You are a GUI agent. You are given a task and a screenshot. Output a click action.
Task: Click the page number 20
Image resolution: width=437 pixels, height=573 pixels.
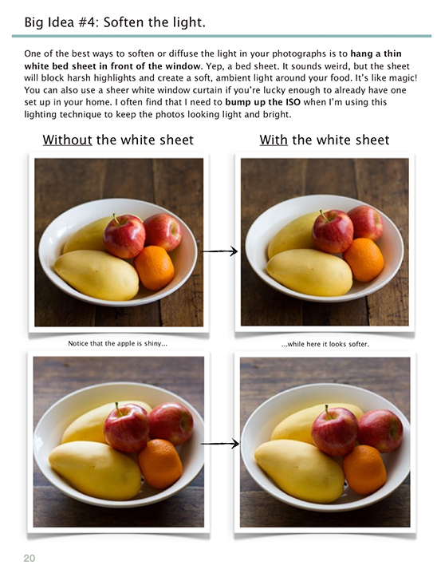pos(29,558)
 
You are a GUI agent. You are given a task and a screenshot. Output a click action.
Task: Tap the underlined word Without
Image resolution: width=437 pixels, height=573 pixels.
pos(68,140)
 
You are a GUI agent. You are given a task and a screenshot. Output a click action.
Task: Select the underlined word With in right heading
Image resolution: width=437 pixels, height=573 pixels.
pos(274,140)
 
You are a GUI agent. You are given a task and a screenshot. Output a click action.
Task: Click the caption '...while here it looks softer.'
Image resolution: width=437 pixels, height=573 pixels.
pos(324,344)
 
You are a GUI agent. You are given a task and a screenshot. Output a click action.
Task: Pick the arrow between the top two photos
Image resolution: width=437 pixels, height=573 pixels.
pos(218,251)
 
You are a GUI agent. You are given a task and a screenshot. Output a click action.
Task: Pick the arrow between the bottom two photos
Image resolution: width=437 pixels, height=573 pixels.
pos(219,442)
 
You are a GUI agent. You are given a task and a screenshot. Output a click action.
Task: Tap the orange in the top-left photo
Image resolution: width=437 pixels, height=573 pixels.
pos(154,267)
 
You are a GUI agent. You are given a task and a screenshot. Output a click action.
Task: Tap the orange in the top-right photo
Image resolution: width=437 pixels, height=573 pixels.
pos(364,260)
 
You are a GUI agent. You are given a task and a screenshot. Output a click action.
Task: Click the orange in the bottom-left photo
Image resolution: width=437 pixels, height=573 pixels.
pos(160,463)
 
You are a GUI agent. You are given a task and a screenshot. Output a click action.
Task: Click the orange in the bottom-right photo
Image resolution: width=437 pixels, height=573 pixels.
pos(365,469)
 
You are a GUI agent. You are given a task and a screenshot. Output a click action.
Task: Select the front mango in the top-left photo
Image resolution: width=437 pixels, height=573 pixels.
pos(96,275)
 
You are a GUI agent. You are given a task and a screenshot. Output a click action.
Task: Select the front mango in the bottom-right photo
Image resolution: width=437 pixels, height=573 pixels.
pos(297,469)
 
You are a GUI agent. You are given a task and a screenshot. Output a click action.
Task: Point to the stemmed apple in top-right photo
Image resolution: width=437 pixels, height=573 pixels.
pos(333,231)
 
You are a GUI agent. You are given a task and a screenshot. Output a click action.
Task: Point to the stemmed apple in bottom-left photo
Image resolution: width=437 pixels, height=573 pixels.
pos(126,427)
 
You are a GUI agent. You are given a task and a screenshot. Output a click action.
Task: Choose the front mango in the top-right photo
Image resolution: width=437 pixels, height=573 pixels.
pos(309,271)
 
